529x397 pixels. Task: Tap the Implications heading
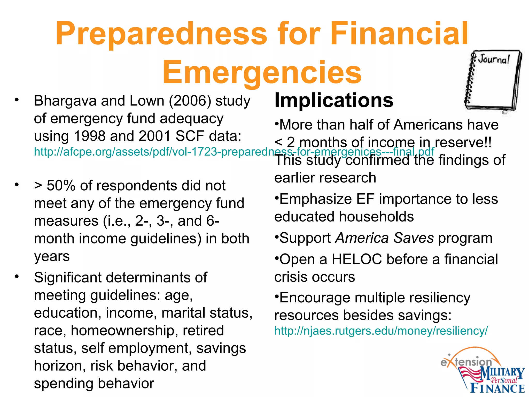pos(334,100)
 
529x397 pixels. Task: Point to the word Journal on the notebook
pos(494,60)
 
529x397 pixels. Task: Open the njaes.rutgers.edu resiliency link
pos(381,331)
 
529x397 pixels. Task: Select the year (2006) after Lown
pos(190,101)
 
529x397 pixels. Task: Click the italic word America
pos(362,238)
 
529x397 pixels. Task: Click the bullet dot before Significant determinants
pos(17,277)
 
